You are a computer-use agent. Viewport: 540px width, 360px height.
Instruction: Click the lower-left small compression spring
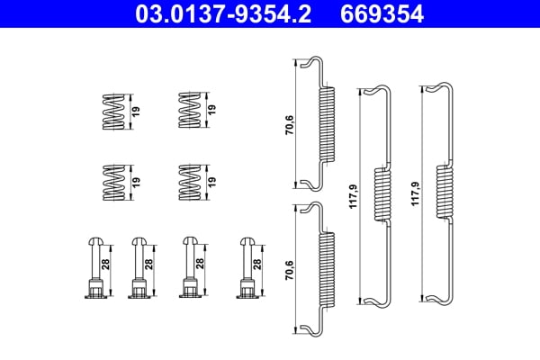pos(113,182)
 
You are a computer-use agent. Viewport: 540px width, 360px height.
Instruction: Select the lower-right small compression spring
pos(188,182)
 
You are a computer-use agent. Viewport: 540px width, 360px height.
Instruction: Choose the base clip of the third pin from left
pos(190,288)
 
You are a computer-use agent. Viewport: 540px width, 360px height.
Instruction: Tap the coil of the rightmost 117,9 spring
pos(444,193)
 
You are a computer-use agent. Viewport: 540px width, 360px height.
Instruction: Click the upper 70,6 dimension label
pos(288,123)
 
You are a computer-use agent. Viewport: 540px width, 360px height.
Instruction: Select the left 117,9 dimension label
pos(351,193)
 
